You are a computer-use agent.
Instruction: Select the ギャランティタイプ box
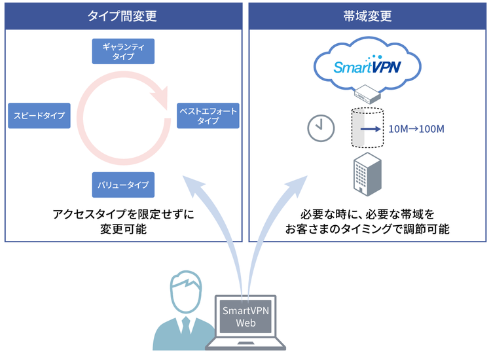[123, 51]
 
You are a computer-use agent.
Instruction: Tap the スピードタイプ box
[39, 115]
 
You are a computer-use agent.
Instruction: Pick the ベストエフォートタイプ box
[208, 116]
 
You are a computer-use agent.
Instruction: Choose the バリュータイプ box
[123, 185]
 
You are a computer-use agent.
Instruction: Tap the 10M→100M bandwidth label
[416, 129]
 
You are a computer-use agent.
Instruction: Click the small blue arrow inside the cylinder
[370, 129]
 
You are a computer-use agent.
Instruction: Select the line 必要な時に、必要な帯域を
[367, 214]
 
